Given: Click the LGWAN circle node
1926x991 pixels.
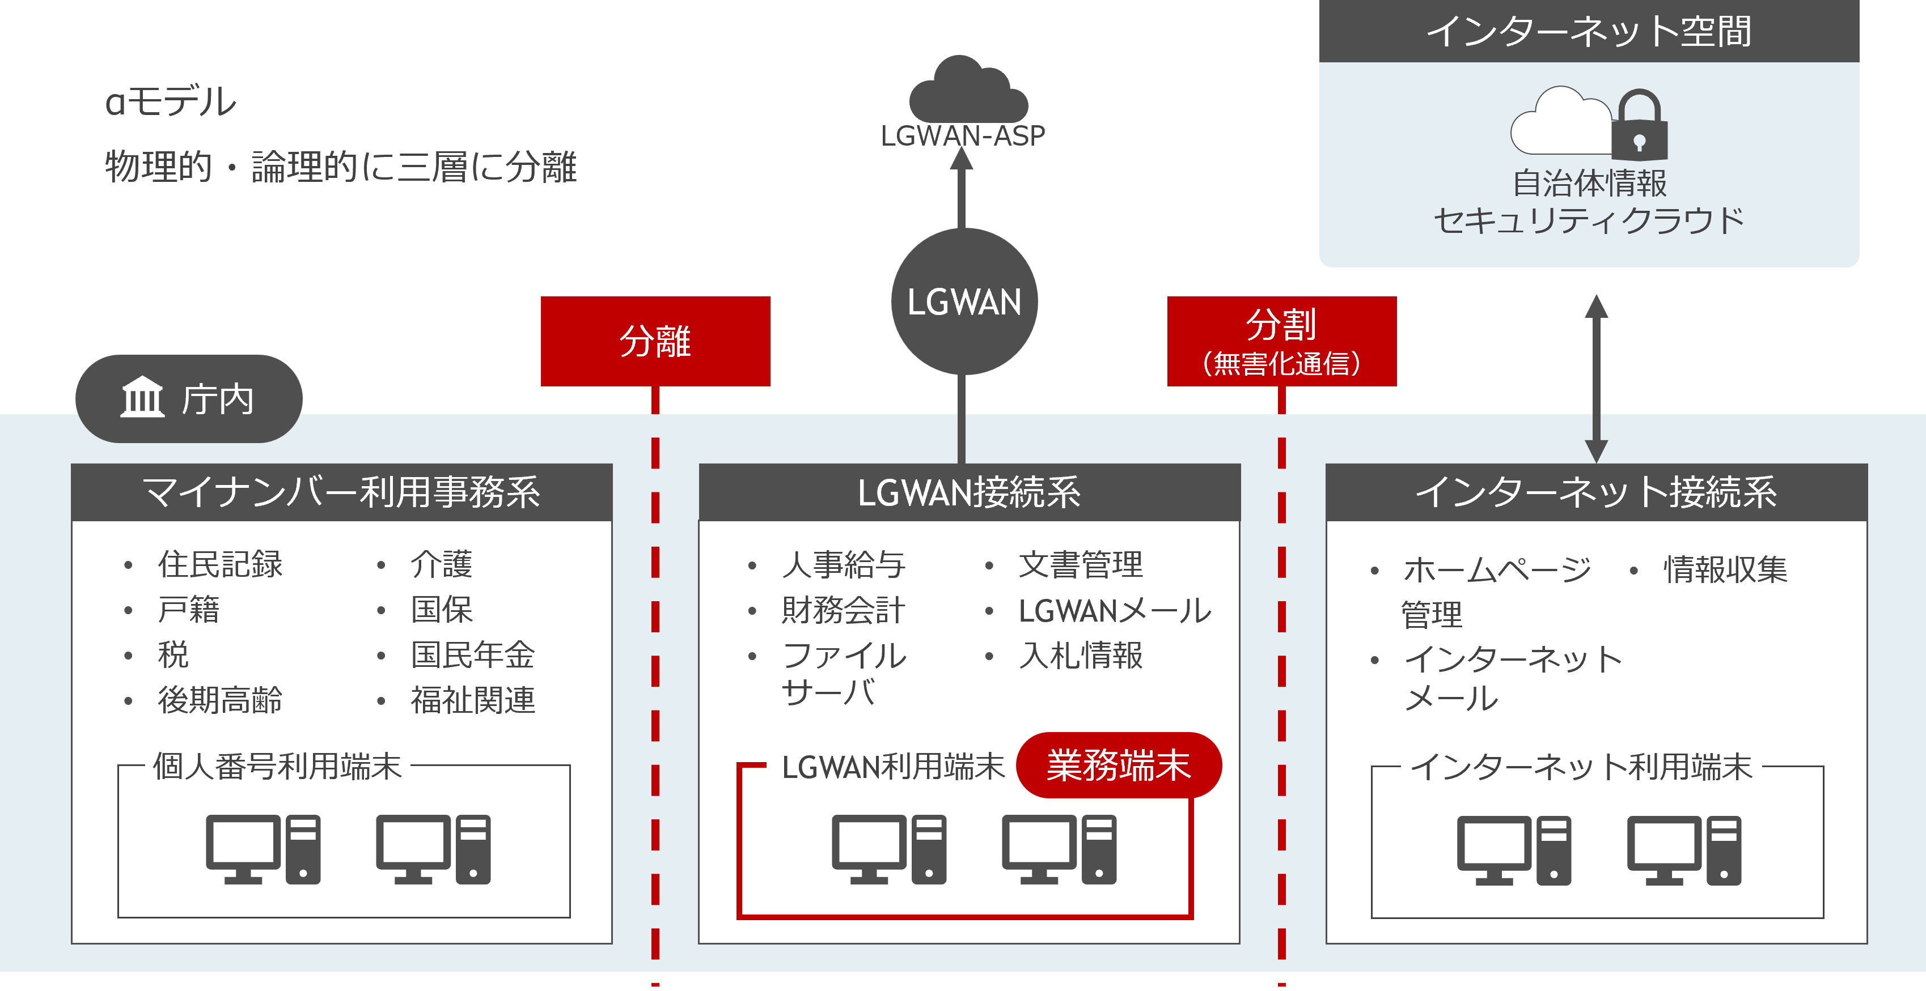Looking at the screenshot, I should pos(964,302).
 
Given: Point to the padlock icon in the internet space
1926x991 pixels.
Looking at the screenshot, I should pos(1639,127).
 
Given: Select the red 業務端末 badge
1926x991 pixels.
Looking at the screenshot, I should pos(1119,765).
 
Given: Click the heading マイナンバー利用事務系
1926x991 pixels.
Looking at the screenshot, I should pos(342,492).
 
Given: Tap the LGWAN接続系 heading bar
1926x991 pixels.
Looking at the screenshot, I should pos(969,492).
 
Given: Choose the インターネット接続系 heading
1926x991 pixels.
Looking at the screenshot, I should pos(1596,492).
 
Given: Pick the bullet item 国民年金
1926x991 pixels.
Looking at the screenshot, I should pos(472,654).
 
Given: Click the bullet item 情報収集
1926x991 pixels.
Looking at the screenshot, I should pos(1725,569).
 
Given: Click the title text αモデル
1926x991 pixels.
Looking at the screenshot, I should pos(171,101).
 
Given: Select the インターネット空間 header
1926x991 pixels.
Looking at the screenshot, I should pos(1589,31).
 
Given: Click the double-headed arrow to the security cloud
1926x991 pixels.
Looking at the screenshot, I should pos(1596,377).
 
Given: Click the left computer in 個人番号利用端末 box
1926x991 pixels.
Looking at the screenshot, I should pos(263,849).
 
